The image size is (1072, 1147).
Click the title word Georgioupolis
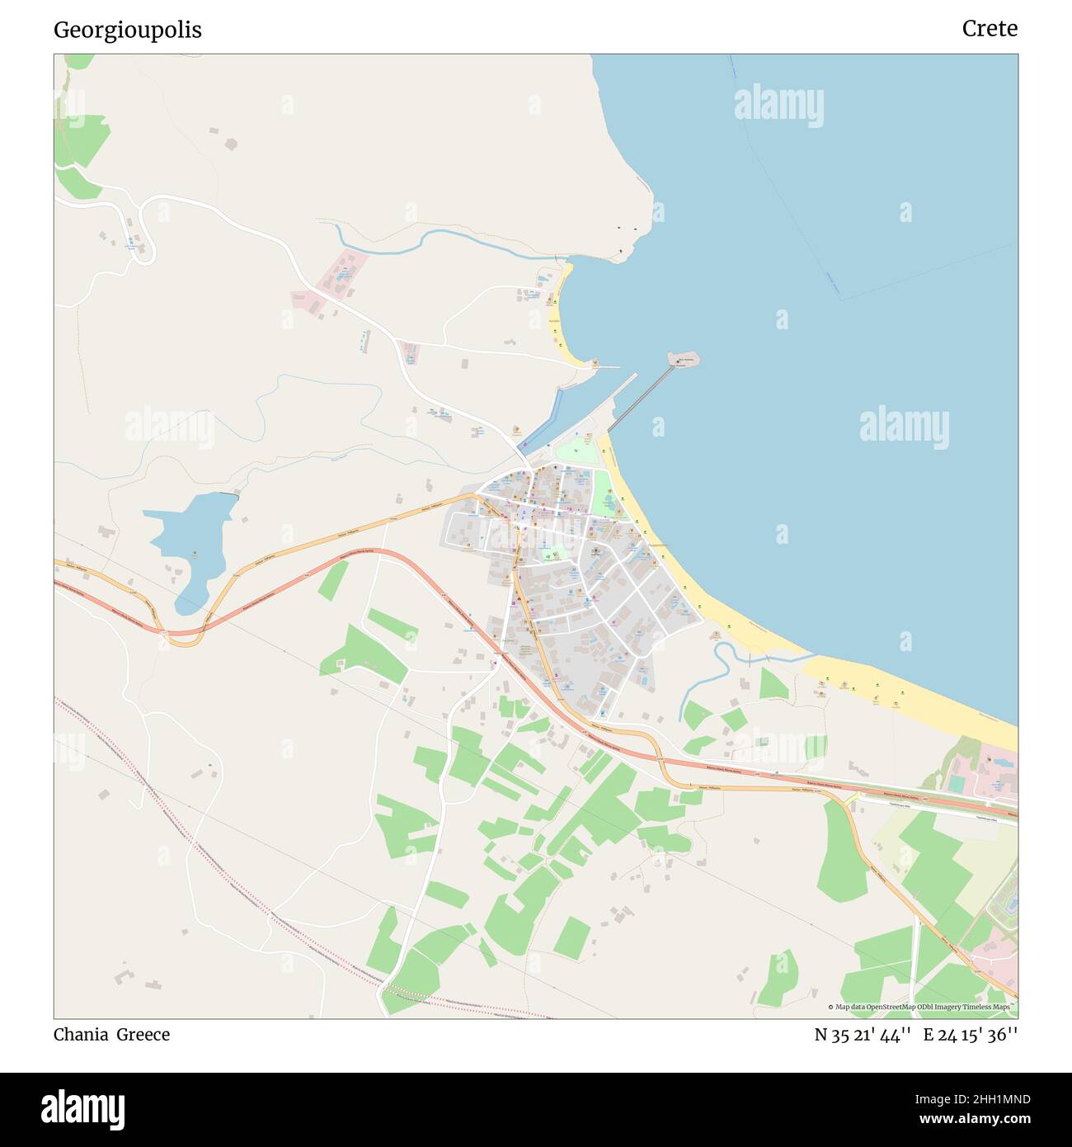point(128,31)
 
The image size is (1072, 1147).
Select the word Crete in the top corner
point(990,29)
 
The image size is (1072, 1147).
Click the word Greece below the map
point(143,1035)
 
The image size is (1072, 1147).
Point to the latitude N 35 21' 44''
point(863,1035)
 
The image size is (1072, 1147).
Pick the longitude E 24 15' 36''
point(971,1035)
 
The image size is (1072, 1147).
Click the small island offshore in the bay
point(684,359)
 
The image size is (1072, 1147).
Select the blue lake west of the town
point(191,536)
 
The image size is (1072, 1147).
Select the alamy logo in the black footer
point(82,1108)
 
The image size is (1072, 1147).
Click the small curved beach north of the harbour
point(561,318)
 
